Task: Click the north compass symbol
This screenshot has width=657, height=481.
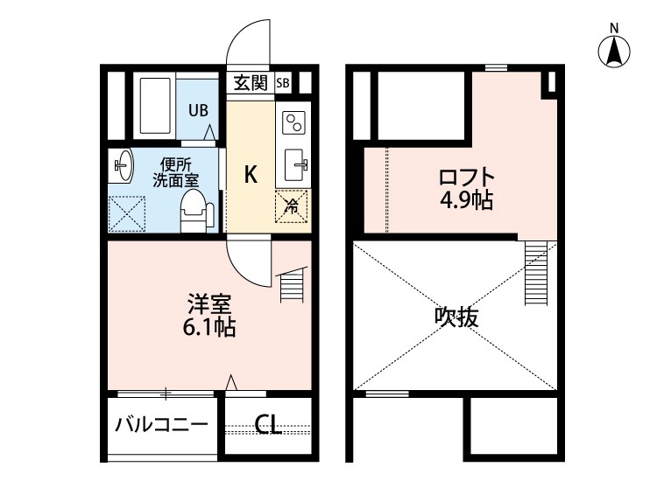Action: tap(614, 51)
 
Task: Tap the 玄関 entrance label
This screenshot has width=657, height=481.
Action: tap(251, 83)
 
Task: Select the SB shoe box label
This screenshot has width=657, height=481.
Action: tap(283, 83)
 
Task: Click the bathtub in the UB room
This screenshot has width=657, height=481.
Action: tap(154, 105)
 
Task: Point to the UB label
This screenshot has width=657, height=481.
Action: tap(198, 110)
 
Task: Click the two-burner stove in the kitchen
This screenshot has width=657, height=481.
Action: tap(293, 122)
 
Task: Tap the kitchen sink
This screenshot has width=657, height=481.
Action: tap(296, 165)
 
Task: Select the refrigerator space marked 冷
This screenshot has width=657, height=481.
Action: tap(292, 206)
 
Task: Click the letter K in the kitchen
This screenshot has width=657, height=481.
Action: tap(251, 174)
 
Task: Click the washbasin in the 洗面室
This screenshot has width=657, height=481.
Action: tap(123, 164)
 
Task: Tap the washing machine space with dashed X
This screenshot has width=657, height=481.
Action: tap(126, 213)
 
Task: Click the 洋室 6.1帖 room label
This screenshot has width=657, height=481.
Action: tap(209, 316)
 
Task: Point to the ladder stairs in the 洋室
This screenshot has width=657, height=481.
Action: tap(292, 284)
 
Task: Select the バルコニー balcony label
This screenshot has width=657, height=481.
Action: tap(162, 425)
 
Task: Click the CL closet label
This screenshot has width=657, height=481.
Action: tap(268, 425)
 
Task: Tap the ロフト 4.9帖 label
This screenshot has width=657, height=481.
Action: tap(466, 188)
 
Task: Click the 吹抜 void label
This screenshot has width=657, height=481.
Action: tap(456, 317)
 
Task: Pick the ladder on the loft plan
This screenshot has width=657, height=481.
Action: tap(536, 274)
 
